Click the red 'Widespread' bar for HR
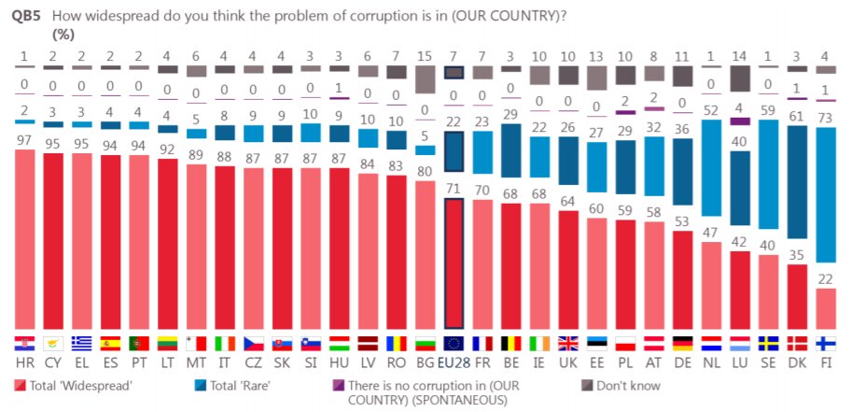24,239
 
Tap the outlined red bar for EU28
453,265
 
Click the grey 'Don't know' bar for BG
425,79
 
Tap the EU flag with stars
453,344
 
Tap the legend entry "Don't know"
627,386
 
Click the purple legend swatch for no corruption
338,385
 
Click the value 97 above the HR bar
24,141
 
